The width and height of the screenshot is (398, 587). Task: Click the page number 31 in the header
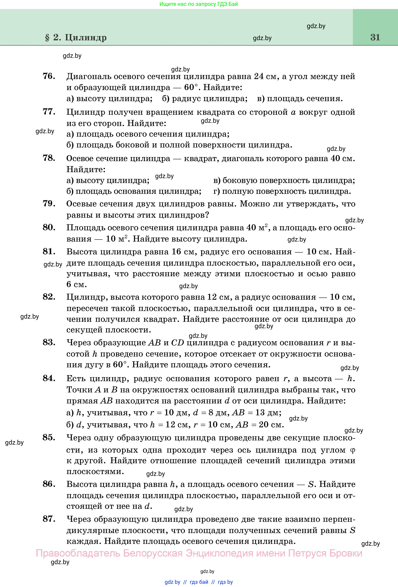point(375,37)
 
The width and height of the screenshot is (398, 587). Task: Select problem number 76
point(49,76)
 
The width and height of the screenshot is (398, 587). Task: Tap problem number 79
point(49,203)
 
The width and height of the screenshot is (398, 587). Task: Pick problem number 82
point(49,297)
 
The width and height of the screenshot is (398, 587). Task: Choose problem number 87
point(49,519)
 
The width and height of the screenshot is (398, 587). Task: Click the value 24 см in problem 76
point(265,76)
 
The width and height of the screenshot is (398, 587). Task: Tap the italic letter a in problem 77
point(293,112)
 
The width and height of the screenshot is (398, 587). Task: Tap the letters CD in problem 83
point(178,343)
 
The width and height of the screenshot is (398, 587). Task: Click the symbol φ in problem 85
point(353,450)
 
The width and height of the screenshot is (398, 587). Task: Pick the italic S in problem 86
point(311,484)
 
